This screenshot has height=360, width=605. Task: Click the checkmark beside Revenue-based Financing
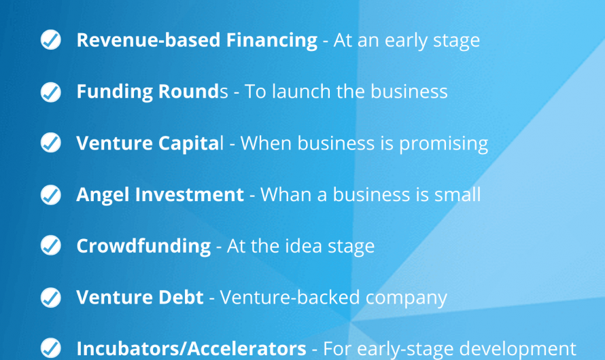[x=51, y=40]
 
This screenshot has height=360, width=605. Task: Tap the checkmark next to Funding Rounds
[x=51, y=92]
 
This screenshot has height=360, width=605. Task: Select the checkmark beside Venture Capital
[x=51, y=143]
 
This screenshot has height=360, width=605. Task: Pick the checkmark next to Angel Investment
[x=51, y=195]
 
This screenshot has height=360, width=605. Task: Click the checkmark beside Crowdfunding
[x=51, y=246]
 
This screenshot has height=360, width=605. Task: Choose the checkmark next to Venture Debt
[x=51, y=298]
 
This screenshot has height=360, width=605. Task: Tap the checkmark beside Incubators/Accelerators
[x=51, y=348]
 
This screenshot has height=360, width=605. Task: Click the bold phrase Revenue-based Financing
[x=196, y=40]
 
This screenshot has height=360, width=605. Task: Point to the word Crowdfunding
[x=143, y=246]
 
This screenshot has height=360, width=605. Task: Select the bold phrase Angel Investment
[x=160, y=195]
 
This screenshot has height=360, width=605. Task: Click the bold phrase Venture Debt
[x=139, y=298]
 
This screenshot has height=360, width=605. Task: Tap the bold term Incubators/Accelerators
[x=191, y=349]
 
